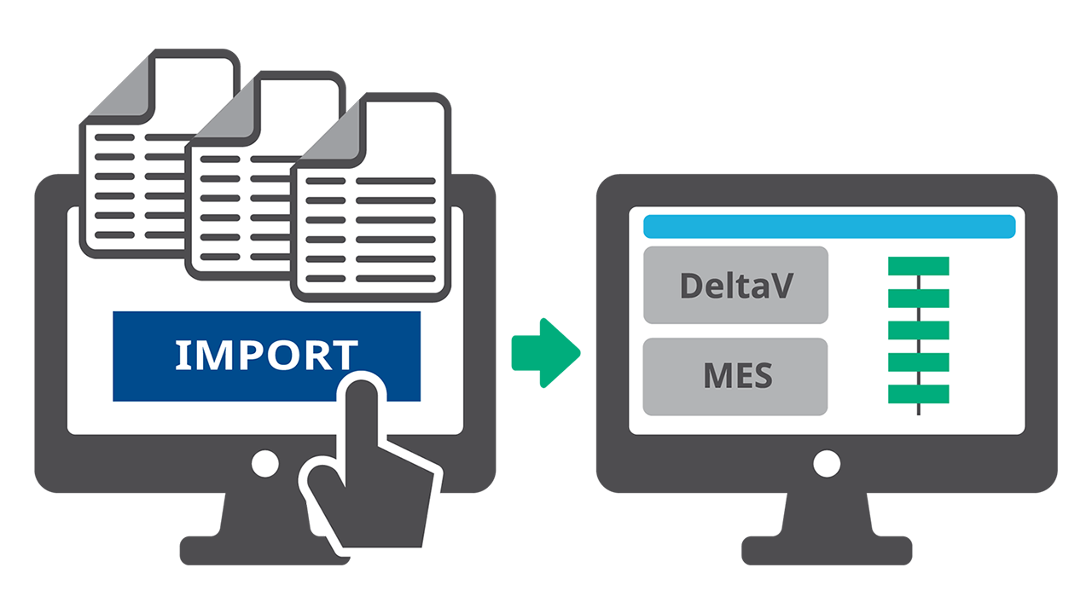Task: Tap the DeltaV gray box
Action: click(735, 285)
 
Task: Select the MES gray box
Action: click(735, 376)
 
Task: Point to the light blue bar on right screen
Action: click(828, 227)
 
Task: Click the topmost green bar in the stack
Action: click(918, 266)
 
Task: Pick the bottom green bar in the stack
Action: click(918, 394)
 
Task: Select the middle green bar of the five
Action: click(918, 330)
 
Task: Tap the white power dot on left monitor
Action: click(264, 464)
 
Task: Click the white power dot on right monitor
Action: click(827, 464)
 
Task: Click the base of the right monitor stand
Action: click(827, 551)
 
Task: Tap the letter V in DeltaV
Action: click(783, 285)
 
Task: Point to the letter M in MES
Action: click(716, 376)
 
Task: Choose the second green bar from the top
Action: click(918, 298)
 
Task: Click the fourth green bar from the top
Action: click(918, 362)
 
